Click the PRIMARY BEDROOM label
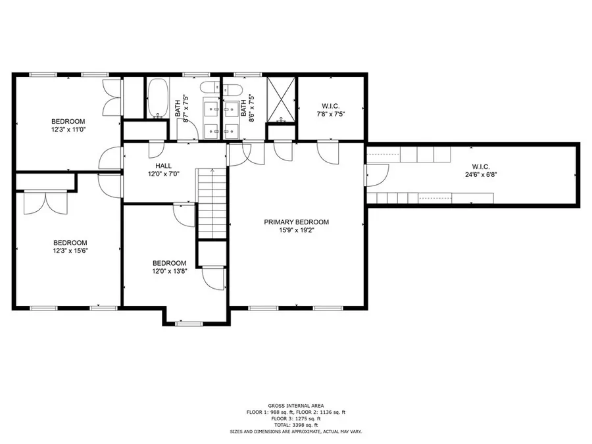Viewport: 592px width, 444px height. (297, 222)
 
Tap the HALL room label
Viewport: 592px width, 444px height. (164, 166)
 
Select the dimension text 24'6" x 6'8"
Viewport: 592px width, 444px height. (481, 175)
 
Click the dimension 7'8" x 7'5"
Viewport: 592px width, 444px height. (331, 114)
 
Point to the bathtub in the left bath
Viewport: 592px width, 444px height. (157, 98)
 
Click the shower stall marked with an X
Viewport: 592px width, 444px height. (282, 100)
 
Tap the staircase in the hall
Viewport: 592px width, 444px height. (212, 204)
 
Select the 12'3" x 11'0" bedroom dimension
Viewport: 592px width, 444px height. (68, 130)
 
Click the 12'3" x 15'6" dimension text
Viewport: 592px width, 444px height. (70, 251)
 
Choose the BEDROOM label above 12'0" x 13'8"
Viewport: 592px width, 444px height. (169, 263)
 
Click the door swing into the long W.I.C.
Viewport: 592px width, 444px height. (377, 175)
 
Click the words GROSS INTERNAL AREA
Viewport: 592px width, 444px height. (296, 406)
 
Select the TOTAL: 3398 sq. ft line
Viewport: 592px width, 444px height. (296, 425)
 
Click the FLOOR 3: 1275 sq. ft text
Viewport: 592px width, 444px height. (296, 418)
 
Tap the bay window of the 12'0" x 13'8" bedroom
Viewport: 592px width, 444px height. (189, 324)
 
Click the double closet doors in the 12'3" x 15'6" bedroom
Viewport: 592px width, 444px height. (45, 203)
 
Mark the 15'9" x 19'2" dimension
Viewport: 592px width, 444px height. (297, 230)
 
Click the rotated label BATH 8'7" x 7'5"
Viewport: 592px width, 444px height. (182, 108)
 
